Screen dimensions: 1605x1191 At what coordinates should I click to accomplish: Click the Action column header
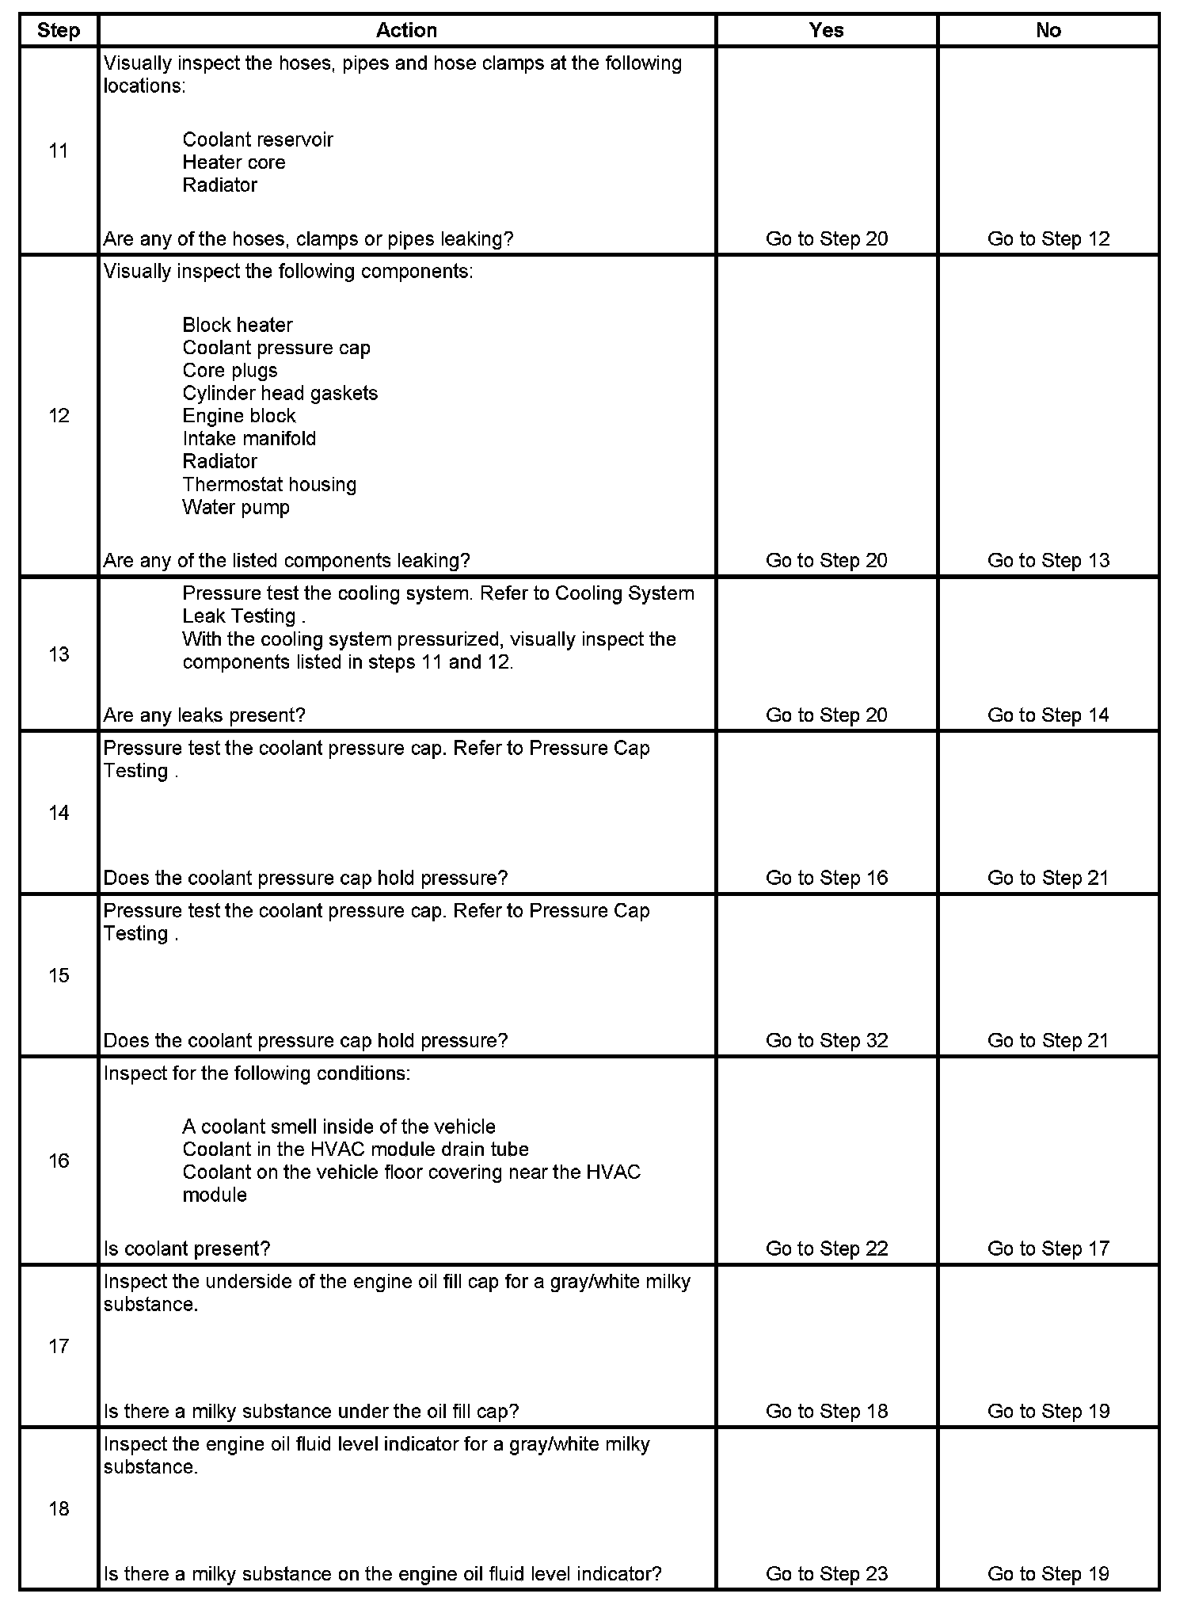(406, 30)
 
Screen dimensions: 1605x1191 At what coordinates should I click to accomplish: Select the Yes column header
(826, 30)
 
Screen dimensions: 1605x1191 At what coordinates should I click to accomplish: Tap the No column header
(1048, 30)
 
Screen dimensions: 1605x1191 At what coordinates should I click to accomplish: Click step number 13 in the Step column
(59, 654)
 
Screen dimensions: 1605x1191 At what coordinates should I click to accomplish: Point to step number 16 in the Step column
(59, 1161)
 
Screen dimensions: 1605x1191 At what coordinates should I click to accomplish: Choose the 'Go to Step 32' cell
(827, 1040)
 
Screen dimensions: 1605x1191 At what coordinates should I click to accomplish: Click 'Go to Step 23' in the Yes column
(827, 1573)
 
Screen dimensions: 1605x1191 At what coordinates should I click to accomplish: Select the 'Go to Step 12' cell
(1048, 238)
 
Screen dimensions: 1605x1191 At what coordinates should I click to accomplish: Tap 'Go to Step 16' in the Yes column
(827, 878)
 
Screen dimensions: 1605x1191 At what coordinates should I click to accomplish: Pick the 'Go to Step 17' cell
(1048, 1249)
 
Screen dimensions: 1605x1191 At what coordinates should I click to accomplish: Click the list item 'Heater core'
(234, 162)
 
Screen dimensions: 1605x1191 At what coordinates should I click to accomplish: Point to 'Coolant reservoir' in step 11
(257, 139)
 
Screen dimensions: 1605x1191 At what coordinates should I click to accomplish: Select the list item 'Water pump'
(236, 507)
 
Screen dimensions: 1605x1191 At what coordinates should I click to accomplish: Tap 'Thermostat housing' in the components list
(269, 484)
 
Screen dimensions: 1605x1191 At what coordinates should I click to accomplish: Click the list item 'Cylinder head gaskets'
(280, 393)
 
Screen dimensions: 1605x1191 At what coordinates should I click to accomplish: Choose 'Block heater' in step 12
(238, 325)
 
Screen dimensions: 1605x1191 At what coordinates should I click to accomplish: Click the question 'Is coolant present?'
(187, 1249)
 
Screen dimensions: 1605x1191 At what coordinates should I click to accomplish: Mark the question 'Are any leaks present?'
(204, 715)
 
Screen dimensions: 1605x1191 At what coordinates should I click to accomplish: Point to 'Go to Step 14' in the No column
(1048, 715)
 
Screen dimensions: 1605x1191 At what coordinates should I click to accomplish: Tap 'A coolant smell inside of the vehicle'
(339, 1127)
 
